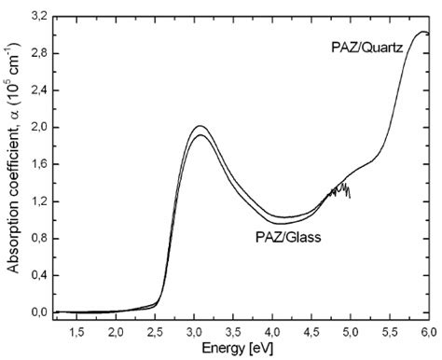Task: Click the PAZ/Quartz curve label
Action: [366, 48]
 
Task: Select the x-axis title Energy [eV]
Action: [241, 351]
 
